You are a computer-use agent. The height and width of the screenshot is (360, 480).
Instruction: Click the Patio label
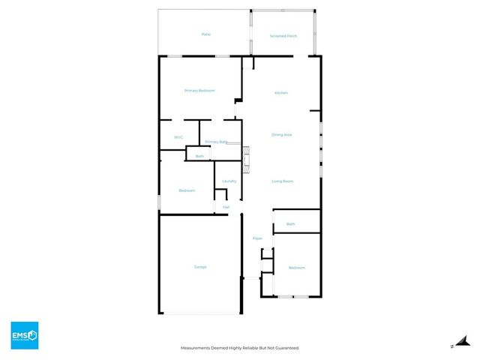tap(205, 34)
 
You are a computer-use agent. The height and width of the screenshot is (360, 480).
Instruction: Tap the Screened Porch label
tap(282, 37)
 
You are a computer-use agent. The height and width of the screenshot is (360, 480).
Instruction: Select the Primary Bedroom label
tap(199, 91)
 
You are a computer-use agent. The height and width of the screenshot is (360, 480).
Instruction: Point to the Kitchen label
tap(281, 93)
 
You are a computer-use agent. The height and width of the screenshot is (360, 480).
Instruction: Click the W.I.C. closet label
tap(178, 137)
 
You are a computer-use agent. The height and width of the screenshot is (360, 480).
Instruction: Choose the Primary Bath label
tap(216, 142)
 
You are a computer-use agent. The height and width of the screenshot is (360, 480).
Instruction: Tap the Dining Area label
tap(282, 135)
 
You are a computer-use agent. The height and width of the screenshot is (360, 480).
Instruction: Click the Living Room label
tap(282, 181)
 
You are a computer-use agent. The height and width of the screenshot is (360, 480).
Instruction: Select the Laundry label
tap(229, 181)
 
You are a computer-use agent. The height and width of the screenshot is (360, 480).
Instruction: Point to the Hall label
tap(226, 208)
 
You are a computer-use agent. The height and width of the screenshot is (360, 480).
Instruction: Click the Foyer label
tap(257, 238)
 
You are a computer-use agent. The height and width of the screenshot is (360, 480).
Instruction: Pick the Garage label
tap(200, 267)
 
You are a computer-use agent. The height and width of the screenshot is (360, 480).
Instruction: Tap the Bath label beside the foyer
tap(291, 224)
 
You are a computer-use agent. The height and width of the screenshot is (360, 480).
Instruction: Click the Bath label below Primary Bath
tap(199, 156)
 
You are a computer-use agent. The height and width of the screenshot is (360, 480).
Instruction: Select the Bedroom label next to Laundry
tap(187, 190)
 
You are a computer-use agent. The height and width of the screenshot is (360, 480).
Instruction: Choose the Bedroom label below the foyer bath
tap(297, 268)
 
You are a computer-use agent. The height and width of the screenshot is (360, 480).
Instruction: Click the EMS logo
tap(24, 335)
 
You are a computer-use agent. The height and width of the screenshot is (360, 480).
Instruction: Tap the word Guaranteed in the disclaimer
tap(286, 348)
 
